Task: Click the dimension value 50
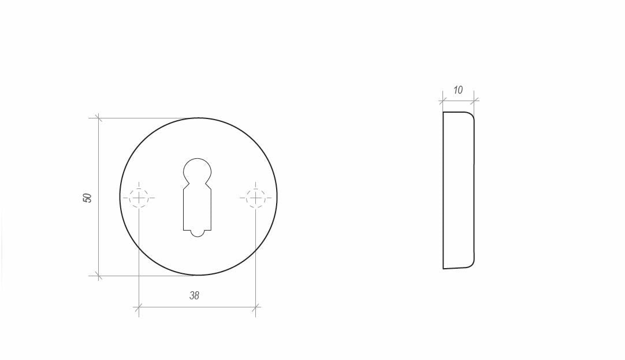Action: [x=87, y=198]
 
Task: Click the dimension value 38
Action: [x=194, y=295]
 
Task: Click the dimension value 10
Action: [x=458, y=90]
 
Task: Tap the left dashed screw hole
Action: [x=139, y=198]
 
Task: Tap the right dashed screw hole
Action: [x=256, y=198]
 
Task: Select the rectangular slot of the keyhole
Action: [x=198, y=210]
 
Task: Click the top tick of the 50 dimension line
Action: [x=98, y=118]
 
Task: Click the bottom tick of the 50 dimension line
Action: [x=98, y=275]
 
